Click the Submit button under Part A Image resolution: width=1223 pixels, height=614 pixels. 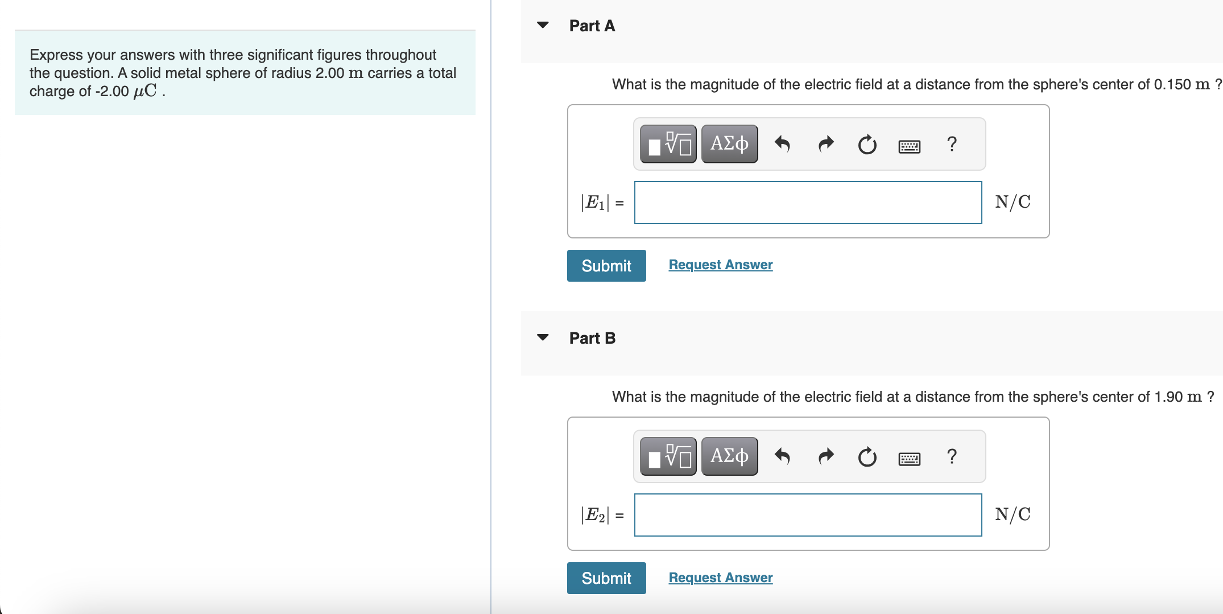pyautogui.click(x=606, y=266)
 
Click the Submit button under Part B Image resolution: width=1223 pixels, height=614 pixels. pyautogui.click(x=606, y=578)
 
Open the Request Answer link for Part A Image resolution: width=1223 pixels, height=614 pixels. pyautogui.click(x=720, y=265)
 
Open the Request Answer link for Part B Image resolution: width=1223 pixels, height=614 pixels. pyautogui.click(x=720, y=578)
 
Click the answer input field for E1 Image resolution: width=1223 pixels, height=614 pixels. pyautogui.click(x=808, y=203)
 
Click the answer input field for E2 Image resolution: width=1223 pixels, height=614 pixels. pyautogui.click(x=808, y=515)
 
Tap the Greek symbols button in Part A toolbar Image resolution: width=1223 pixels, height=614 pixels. pyautogui.click(x=729, y=144)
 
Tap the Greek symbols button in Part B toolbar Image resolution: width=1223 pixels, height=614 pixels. pyautogui.click(x=729, y=456)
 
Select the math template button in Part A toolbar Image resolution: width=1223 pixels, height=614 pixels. pyautogui.click(x=668, y=144)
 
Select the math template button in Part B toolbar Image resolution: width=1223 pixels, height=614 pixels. pyautogui.click(x=668, y=456)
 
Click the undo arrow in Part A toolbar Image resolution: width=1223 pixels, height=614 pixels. pyautogui.click(x=783, y=144)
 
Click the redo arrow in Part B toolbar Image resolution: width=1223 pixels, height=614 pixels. pyautogui.click(x=826, y=456)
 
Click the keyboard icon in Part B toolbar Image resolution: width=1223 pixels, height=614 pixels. pyautogui.click(x=909, y=459)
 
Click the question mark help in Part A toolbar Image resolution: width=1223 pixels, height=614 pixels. pyautogui.click(x=952, y=144)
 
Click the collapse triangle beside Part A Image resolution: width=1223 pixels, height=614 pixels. pyautogui.click(x=543, y=25)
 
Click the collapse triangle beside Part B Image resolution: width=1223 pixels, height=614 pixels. pyautogui.click(x=543, y=337)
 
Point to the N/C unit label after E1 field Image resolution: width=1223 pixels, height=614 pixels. pyautogui.click(x=1013, y=202)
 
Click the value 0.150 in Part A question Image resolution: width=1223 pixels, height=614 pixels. pyautogui.click(x=1172, y=85)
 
